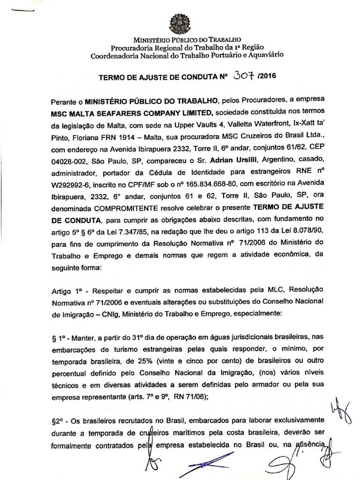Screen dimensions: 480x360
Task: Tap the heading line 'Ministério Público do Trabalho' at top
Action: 180,40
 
